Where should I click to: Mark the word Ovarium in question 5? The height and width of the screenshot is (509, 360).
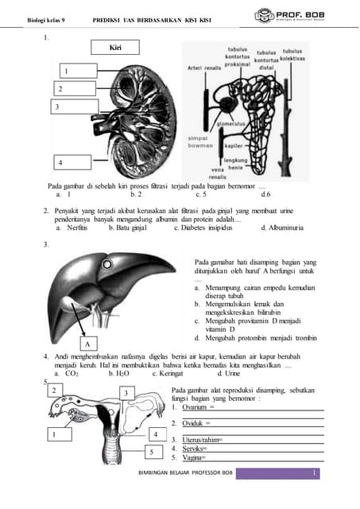pyautogui.click(x=195, y=407)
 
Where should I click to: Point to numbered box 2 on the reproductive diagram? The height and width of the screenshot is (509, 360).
pyautogui.click(x=54, y=390)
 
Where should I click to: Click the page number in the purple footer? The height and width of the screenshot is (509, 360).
pyautogui.click(x=315, y=474)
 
